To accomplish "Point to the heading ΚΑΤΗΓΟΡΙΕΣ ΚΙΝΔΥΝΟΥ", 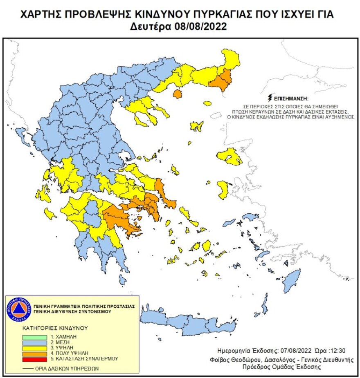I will (55, 328).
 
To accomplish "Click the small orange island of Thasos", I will (177, 94).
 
